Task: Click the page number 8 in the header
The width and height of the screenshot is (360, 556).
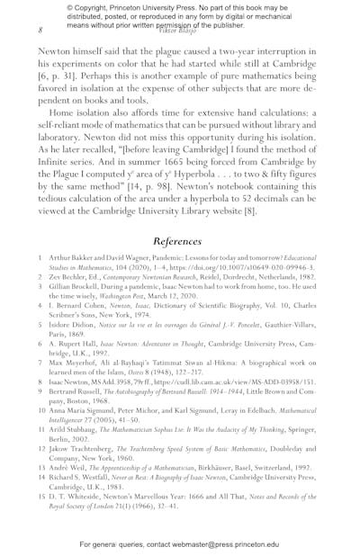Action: tap(40, 30)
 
